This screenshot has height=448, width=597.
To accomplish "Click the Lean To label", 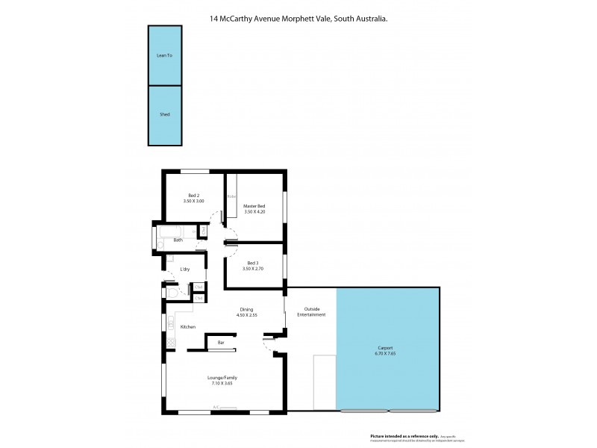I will (165, 55).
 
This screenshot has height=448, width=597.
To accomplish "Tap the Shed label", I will (165, 114).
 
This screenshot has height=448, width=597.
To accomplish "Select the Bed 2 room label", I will (193, 195).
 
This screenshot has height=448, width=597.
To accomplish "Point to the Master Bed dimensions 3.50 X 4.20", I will (254, 212).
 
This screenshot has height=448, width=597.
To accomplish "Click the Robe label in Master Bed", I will (231, 196).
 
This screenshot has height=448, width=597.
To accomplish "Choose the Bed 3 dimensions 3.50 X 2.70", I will (254, 268).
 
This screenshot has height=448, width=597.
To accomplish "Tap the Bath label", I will (178, 240).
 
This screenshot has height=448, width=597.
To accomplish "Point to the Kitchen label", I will (187, 327).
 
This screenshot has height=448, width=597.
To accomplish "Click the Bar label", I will (221, 343).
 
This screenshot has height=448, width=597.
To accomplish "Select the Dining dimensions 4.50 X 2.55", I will (247, 315).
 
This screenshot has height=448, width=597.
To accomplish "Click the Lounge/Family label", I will (222, 378).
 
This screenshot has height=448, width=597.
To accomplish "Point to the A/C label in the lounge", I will (216, 407).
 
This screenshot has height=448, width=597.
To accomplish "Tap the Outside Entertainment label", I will (310, 312).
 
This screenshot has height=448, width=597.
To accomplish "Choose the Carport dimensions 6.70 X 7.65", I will (387, 354).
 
